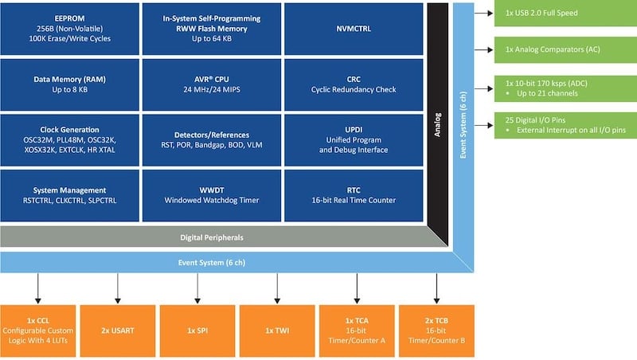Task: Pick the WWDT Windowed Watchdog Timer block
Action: point(212,194)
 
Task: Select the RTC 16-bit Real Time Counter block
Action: point(354,194)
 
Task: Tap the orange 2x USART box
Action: point(117,329)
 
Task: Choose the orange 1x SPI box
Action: point(197,329)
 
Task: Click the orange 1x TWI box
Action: point(276,329)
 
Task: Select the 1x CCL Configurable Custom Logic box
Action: point(38,329)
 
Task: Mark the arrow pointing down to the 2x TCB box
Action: point(436,288)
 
